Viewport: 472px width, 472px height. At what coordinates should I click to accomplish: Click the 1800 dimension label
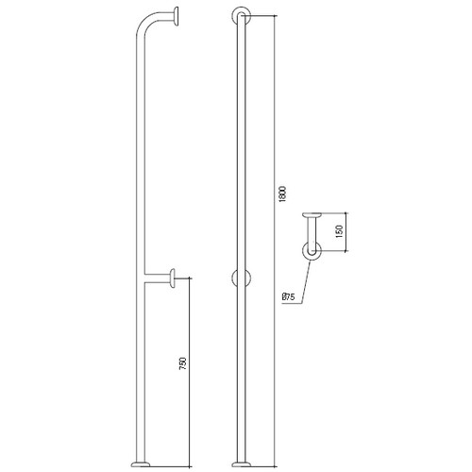(x=282, y=194)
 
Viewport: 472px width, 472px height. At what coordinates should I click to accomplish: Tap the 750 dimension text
(x=183, y=363)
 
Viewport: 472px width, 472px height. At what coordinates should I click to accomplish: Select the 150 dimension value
(x=339, y=231)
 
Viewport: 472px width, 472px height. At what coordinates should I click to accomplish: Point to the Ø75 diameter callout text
(x=289, y=297)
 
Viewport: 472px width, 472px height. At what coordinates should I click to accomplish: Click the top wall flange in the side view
(x=176, y=17)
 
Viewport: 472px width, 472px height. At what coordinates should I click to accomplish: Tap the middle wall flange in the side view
(x=172, y=278)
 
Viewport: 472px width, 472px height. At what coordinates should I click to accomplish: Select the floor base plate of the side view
(x=141, y=464)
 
